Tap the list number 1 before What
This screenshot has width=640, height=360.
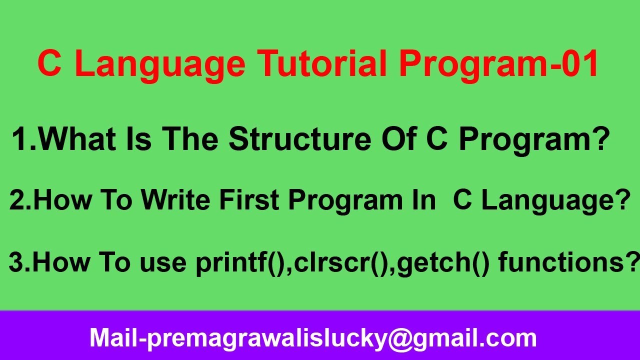tap(21, 139)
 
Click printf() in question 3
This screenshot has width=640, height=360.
tap(239, 263)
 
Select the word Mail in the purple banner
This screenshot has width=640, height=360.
tap(112, 338)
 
